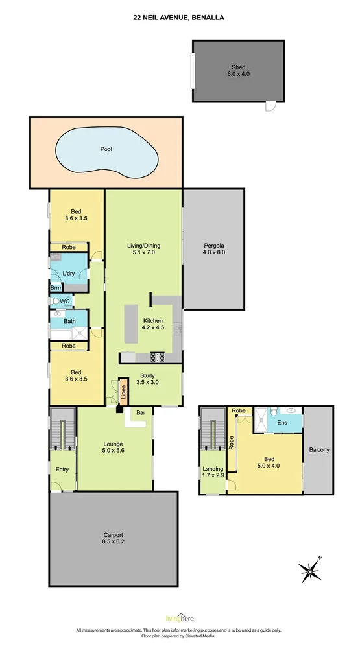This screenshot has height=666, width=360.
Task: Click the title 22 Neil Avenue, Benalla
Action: click(x=180, y=19)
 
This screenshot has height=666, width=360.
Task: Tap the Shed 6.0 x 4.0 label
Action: click(x=238, y=71)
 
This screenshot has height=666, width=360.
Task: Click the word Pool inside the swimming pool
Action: click(x=106, y=149)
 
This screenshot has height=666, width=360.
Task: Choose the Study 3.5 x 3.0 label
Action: click(x=147, y=379)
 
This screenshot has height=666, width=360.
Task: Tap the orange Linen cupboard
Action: click(x=122, y=392)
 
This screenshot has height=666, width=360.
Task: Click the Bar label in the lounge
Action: click(x=141, y=412)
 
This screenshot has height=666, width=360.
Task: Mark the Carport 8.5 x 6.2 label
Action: click(x=113, y=540)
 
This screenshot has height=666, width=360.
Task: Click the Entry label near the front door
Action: click(x=62, y=470)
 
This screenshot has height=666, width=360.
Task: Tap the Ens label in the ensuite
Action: click(x=283, y=422)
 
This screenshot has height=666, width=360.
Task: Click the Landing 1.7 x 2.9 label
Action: click(x=213, y=473)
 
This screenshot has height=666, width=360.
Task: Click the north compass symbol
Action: click(x=311, y=571)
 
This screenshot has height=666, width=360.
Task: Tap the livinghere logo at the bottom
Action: click(x=179, y=619)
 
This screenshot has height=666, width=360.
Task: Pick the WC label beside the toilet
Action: click(x=65, y=302)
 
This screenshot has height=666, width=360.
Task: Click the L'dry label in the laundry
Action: click(x=69, y=275)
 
